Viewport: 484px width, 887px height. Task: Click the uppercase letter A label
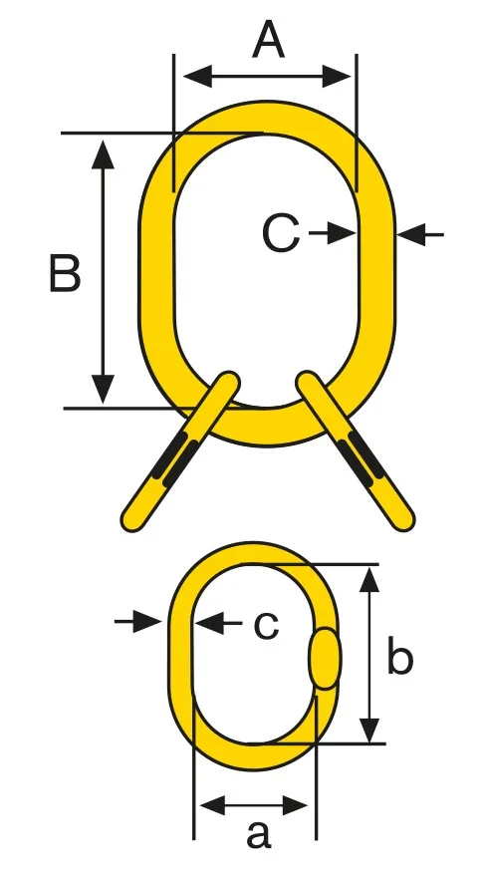point(268,40)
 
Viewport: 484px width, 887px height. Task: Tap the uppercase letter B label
point(65,273)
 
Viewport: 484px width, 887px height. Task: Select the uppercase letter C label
point(281,233)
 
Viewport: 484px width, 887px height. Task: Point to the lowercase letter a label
point(258,833)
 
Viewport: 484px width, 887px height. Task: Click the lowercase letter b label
point(399,655)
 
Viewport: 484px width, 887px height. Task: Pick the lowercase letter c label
point(266,625)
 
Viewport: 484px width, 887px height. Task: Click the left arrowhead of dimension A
point(197,77)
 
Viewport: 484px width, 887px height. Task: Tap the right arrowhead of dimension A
point(337,77)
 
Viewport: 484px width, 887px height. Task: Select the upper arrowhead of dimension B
point(103,154)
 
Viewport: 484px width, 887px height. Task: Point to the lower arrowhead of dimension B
point(103,390)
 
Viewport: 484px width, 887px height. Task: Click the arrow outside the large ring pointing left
point(420,234)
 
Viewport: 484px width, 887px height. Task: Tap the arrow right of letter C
point(333,232)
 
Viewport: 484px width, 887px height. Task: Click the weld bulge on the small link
point(325,658)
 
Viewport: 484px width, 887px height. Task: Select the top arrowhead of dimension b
point(369,580)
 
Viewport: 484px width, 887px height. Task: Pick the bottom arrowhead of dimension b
point(369,730)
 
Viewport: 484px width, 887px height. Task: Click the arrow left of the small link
point(138,622)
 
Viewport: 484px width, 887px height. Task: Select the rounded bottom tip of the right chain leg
point(403,520)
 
